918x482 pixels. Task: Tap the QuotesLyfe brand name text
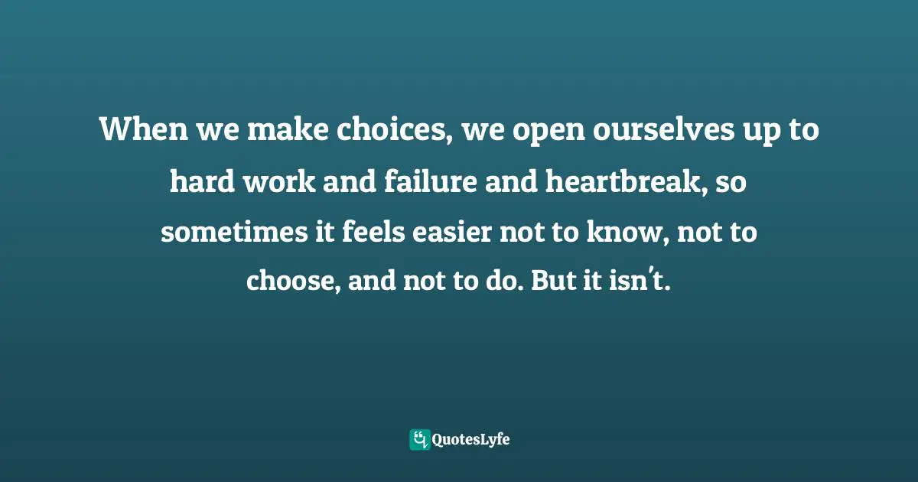pyautogui.click(x=471, y=439)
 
